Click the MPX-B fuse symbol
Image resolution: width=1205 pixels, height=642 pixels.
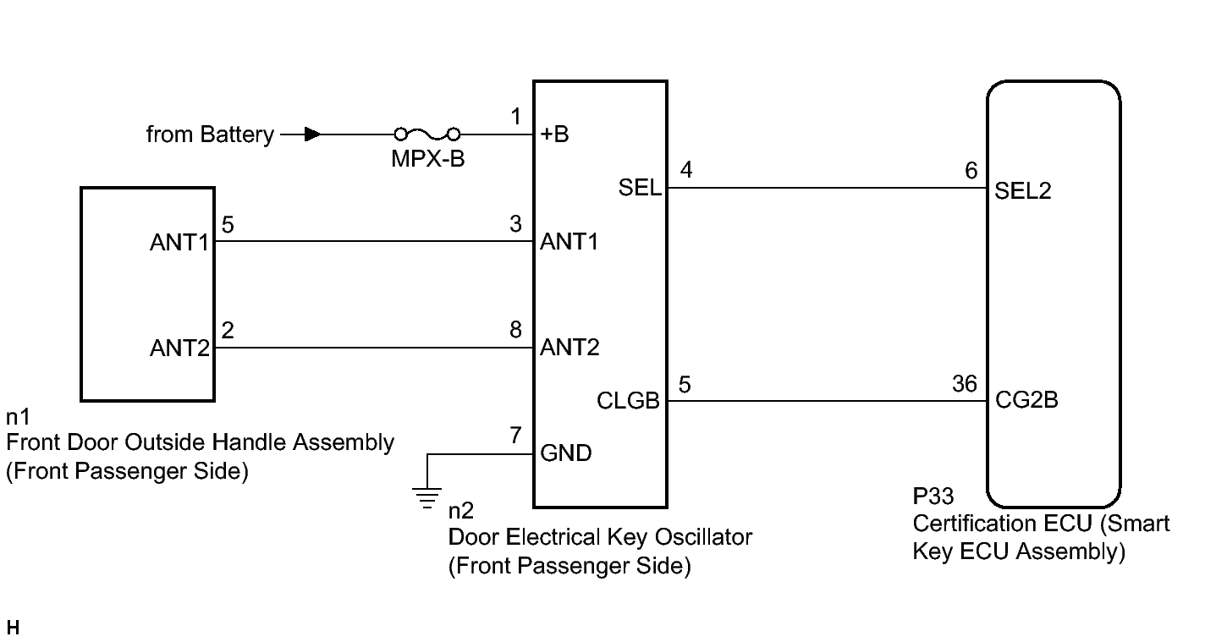coord(427,134)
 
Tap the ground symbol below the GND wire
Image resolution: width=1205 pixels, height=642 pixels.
coord(426,498)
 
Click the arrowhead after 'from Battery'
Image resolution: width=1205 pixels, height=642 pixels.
coord(312,134)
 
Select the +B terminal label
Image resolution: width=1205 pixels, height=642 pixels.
coord(554,134)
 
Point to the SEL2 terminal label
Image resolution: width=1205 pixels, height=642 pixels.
coord(1022,191)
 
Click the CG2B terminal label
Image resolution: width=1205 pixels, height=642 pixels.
coord(1026,400)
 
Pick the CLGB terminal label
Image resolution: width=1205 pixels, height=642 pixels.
coord(628,401)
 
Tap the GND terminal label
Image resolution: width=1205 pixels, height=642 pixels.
coord(566,453)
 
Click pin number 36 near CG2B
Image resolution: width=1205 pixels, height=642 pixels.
coord(965,384)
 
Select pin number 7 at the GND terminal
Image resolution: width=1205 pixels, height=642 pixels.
coord(516,435)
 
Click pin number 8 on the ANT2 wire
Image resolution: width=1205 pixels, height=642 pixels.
coord(516,330)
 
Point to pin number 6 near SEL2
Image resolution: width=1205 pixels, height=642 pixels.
coord(971,171)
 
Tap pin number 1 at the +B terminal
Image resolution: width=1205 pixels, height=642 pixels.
coord(516,117)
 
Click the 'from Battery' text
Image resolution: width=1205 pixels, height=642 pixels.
coord(210,134)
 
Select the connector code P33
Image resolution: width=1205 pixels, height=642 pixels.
coord(933,497)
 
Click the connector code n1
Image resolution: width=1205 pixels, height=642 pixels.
coord(18,417)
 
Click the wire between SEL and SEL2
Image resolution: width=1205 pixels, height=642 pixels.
coord(828,188)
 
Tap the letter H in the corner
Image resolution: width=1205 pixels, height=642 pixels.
coord(13,628)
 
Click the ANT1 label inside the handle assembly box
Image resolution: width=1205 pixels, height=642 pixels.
coord(179,243)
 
